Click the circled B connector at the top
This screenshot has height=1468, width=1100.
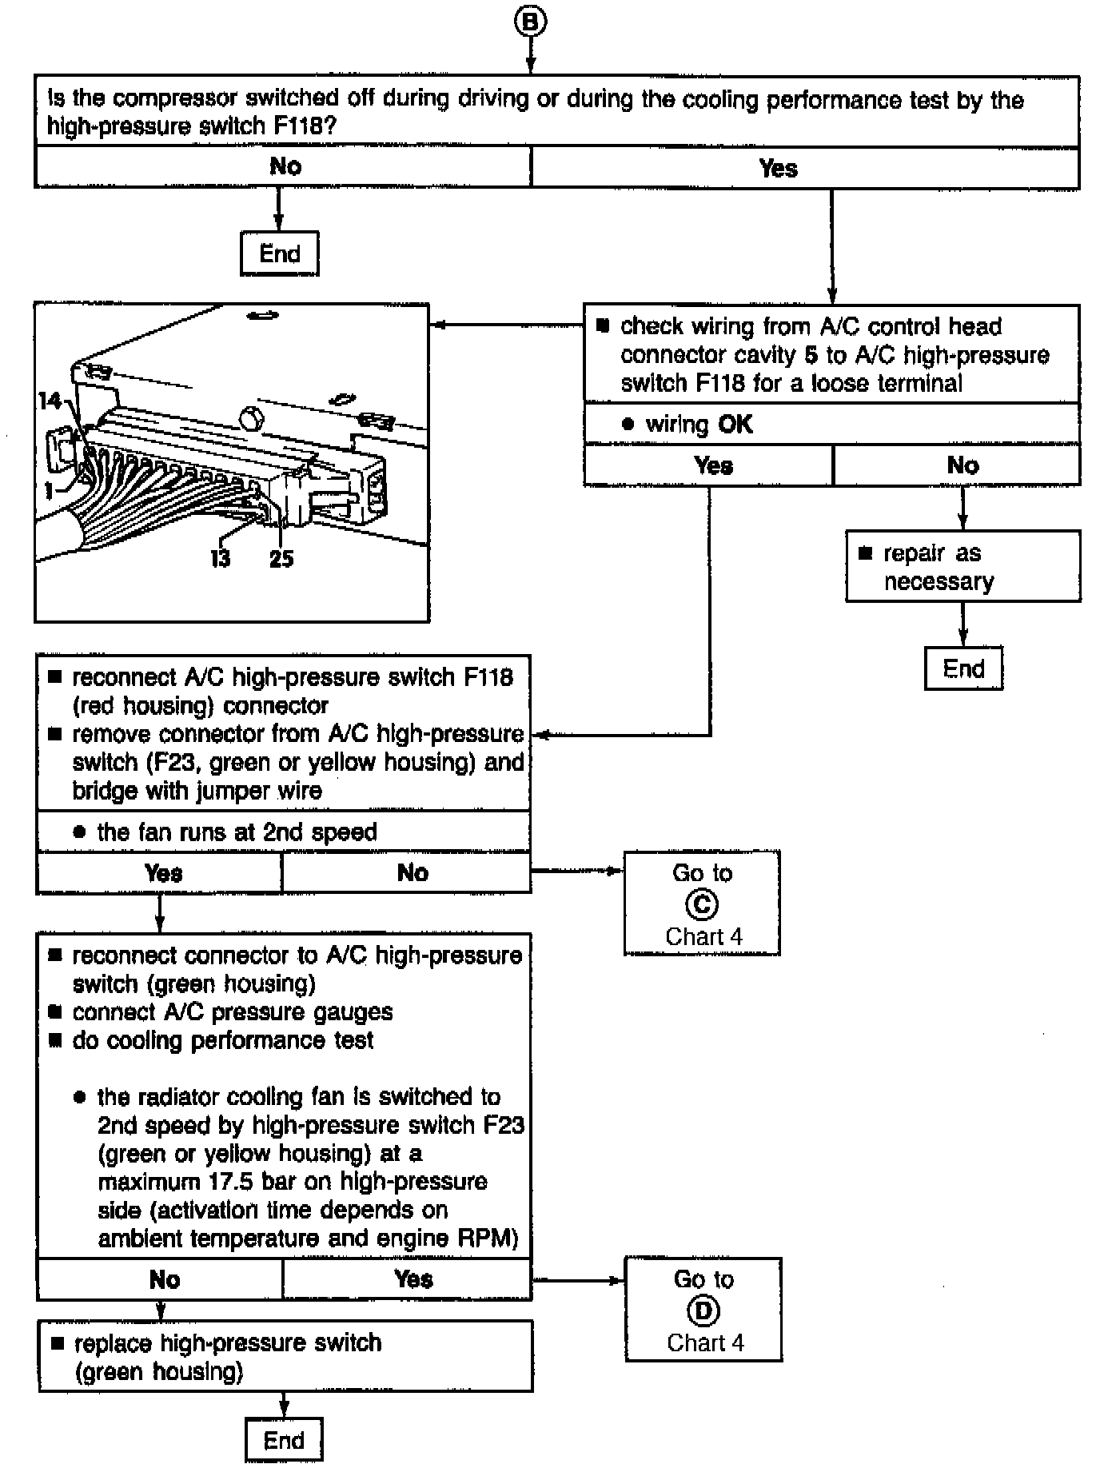coord(530,22)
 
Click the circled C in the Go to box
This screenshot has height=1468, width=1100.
coord(702,904)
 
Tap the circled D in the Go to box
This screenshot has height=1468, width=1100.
coord(703,1310)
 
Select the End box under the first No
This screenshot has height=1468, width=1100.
coord(280,254)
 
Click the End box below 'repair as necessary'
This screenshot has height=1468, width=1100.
coord(963,668)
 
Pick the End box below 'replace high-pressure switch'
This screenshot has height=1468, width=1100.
coord(284,1440)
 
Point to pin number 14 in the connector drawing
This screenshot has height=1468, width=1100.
coord(50,400)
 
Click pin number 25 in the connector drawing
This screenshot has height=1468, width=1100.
coord(281,559)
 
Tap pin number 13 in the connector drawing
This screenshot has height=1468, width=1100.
coord(221,559)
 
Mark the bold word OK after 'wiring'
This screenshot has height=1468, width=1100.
coord(735,424)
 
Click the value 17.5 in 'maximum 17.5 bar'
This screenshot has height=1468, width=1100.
coord(232,1182)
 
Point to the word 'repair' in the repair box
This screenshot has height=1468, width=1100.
coord(915,554)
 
